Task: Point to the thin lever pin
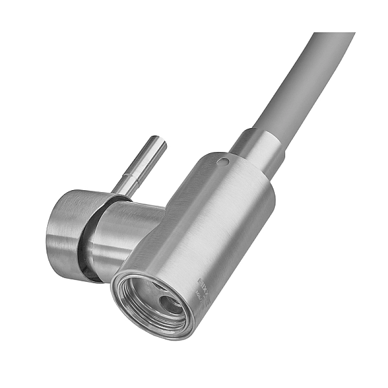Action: click(142, 165)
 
